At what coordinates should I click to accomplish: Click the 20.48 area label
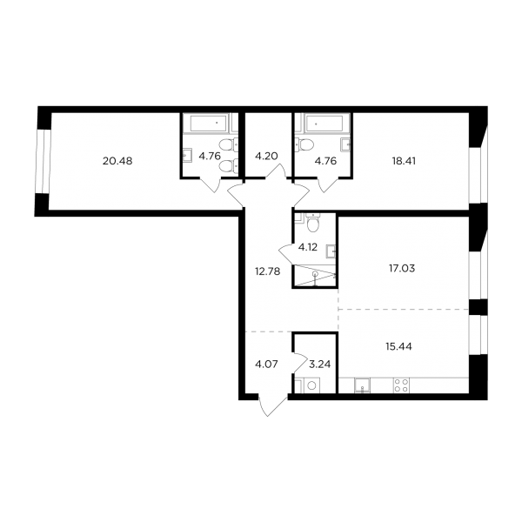pyautogui.click(x=117, y=161)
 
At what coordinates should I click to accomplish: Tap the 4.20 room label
pyautogui.click(x=266, y=156)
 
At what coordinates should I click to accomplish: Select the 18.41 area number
pyautogui.click(x=404, y=161)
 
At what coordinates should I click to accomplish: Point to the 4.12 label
pyautogui.click(x=308, y=247)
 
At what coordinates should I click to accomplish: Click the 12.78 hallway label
pyautogui.click(x=268, y=271)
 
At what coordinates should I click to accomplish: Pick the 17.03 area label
pyautogui.click(x=402, y=268)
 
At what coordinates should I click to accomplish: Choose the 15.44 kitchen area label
pyautogui.click(x=398, y=346)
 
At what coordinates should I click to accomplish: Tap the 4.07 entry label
pyautogui.click(x=266, y=365)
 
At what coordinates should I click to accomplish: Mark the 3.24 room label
pyautogui.click(x=320, y=365)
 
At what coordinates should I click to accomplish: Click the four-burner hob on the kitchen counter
pyautogui.click(x=401, y=385)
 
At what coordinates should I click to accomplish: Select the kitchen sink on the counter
pyautogui.click(x=362, y=385)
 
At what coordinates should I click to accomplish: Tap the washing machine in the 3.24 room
pyautogui.click(x=311, y=385)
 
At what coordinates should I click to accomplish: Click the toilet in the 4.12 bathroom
pyautogui.click(x=313, y=223)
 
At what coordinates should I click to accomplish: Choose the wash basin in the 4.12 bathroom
pyautogui.click(x=331, y=251)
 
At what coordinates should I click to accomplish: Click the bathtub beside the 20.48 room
pyautogui.click(x=209, y=123)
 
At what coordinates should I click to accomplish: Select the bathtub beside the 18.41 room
pyautogui.click(x=325, y=123)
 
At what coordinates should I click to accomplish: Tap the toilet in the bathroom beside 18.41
pyautogui.click(x=304, y=144)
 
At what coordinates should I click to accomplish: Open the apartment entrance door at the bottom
pyautogui.click(x=272, y=405)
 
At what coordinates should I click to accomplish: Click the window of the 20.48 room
pyautogui.click(x=43, y=161)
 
